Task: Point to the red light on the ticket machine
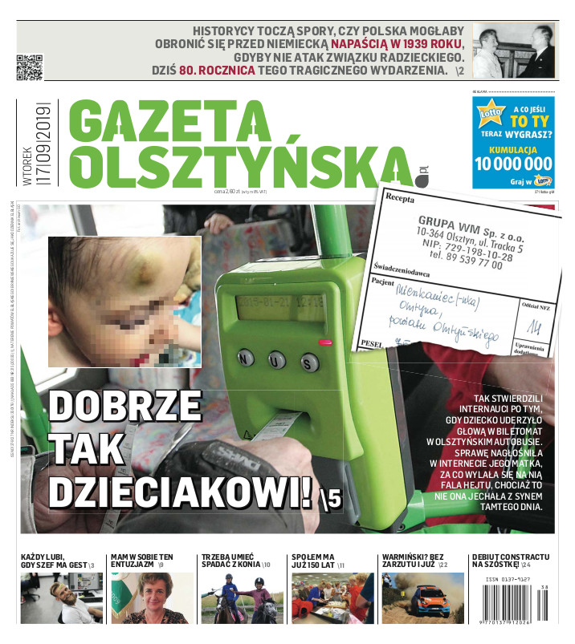click(324, 342)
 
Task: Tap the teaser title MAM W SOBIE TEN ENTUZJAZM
click(142, 561)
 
